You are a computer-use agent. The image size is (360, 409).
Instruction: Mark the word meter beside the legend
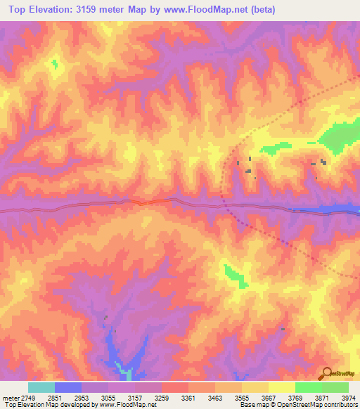coord(8,398)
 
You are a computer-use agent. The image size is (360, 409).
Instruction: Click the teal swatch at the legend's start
coord(41,387)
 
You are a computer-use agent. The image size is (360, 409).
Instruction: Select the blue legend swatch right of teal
coord(68,387)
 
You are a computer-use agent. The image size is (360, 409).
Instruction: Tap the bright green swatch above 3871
coord(309,387)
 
